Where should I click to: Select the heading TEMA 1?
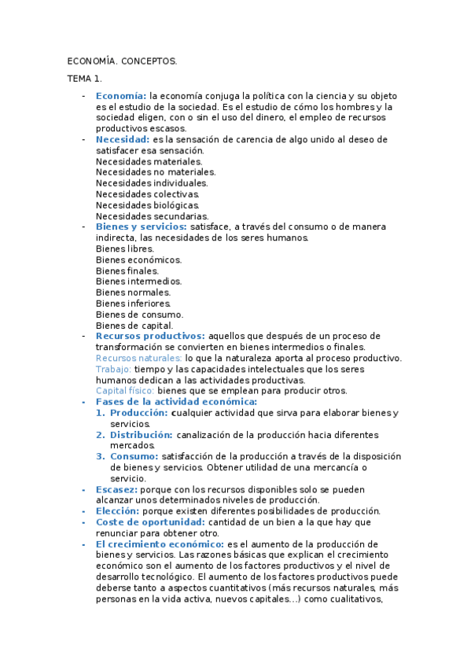[x=84, y=79]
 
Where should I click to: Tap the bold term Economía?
[x=121, y=96]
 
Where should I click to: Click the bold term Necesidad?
[x=123, y=139]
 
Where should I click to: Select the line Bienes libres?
[x=125, y=249]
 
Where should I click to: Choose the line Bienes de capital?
[x=134, y=325]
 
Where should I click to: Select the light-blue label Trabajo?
[x=113, y=368]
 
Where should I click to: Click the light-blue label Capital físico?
[x=125, y=390]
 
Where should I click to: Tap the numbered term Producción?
[x=138, y=412]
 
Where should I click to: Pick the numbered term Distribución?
[x=142, y=434]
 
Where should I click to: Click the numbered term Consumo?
[x=134, y=456]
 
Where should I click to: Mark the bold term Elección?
[x=117, y=510]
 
